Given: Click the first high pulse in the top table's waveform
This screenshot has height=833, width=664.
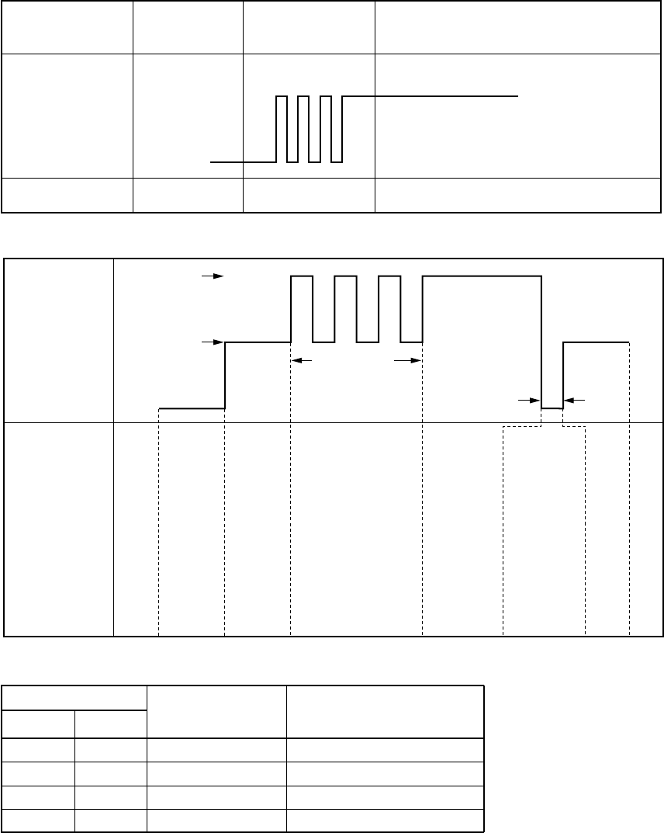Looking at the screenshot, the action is tap(282, 97).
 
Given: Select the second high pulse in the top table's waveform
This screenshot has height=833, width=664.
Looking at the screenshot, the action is tap(303, 97).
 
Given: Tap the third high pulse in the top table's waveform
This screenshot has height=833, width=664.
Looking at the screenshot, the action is tap(326, 97).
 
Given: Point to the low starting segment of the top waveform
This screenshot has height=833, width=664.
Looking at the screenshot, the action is tap(243, 162).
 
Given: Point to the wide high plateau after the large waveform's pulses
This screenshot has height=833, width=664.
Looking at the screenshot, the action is tap(482, 276).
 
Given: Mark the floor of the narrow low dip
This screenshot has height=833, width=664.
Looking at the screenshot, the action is tap(552, 408).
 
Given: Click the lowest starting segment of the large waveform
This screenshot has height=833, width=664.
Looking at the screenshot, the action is tap(192, 408).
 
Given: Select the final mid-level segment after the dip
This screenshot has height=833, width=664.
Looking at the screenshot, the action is tap(596, 342).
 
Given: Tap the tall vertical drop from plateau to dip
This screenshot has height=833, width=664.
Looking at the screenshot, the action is tap(541, 342).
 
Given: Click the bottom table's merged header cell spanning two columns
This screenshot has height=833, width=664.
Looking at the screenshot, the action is tap(74, 697).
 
